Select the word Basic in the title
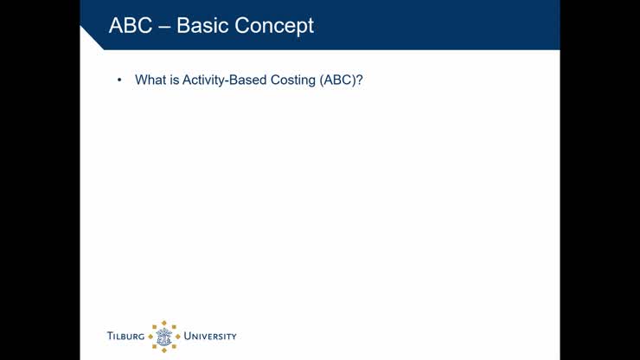click(x=203, y=26)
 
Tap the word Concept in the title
click(x=275, y=27)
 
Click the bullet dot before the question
click(x=118, y=80)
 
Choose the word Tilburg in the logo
click(x=125, y=337)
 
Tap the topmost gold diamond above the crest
click(x=163, y=323)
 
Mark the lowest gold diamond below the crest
click(x=163, y=350)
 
